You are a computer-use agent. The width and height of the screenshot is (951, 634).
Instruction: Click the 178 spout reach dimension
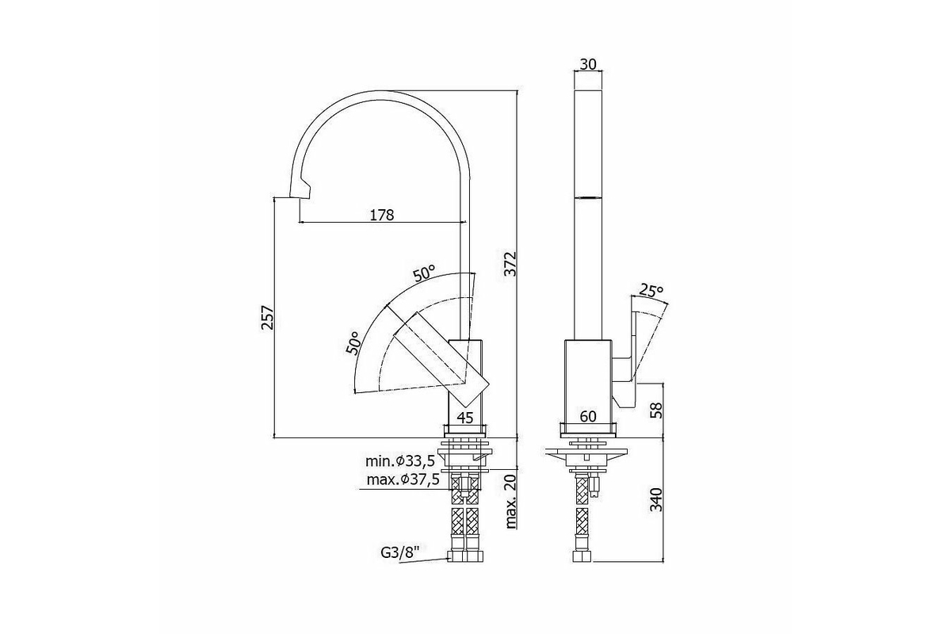(x=382, y=215)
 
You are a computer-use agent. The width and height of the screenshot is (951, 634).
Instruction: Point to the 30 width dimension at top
(x=588, y=64)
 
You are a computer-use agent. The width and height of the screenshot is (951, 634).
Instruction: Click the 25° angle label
(x=651, y=291)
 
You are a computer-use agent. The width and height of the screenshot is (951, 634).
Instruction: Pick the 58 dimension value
(x=657, y=411)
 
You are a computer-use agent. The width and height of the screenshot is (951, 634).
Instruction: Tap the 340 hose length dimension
(x=657, y=499)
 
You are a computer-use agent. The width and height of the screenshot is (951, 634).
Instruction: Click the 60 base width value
(x=588, y=417)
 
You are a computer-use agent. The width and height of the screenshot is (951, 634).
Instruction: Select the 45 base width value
(x=465, y=418)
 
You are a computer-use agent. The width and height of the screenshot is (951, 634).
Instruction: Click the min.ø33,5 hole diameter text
(x=400, y=461)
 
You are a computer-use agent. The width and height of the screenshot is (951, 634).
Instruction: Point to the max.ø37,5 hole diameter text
(x=403, y=479)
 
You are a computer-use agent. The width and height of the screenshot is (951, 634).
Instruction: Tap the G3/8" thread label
(x=399, y=552)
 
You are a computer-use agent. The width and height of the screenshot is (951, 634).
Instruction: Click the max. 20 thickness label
(x=510, y=501)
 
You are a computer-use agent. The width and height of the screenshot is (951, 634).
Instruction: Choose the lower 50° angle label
(x=353, y=343)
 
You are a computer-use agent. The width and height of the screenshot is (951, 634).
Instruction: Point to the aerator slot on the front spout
(x=588, y=197)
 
